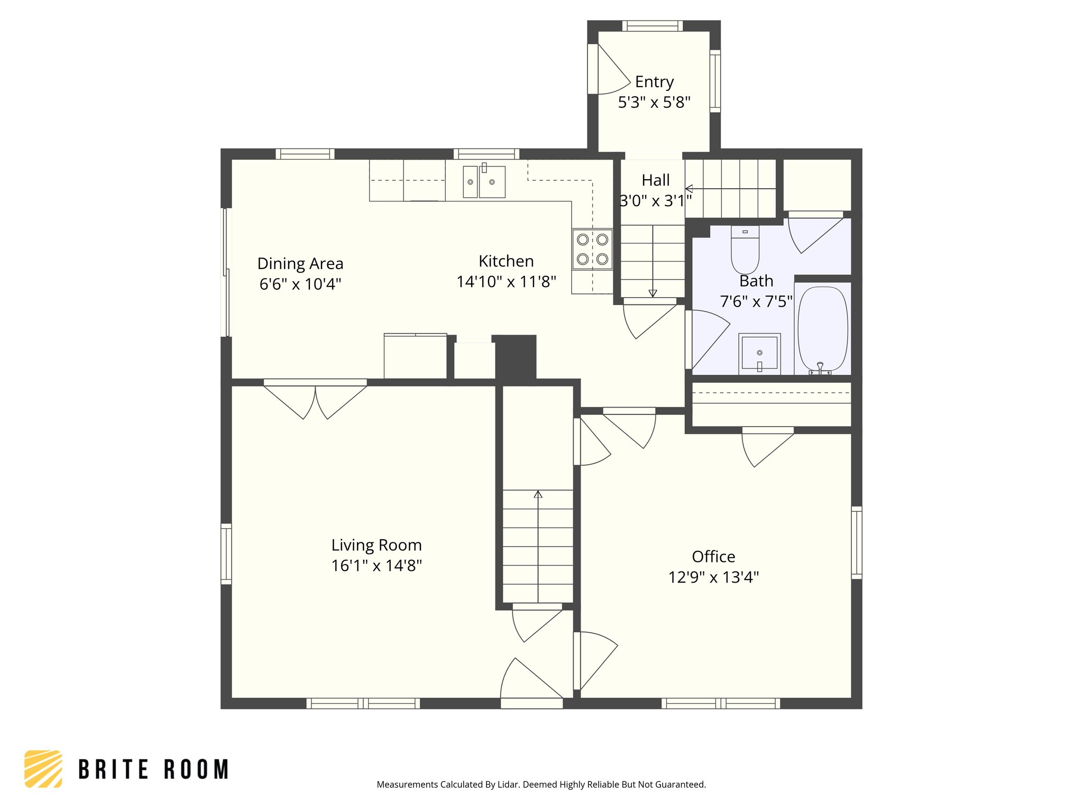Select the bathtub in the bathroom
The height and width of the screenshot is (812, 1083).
coord(822,329)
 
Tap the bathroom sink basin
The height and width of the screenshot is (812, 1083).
coord(759,352)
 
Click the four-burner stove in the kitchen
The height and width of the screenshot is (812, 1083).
coord(592,249)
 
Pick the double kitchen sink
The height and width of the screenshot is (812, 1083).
coord(484,182)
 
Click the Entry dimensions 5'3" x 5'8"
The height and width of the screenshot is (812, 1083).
coord(654,103)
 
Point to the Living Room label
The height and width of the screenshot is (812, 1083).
coord(376,545)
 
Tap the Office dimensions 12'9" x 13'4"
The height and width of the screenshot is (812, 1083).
coord(713,577)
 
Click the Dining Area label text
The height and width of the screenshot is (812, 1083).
coord(300,263)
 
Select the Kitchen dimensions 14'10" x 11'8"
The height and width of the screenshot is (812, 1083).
coord(506,282)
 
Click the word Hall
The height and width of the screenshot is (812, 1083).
coord(655,180)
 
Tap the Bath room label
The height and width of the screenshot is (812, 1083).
coord(756,281)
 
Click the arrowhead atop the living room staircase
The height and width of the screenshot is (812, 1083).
coord(538,494)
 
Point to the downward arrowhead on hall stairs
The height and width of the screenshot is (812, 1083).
coord(653,293)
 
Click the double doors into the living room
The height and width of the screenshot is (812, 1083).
coord(315,399)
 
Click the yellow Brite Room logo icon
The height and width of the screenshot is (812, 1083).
coord(43,769)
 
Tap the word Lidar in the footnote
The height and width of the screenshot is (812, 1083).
coord(509,785)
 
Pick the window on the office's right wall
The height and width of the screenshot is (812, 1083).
coord(856,542)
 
